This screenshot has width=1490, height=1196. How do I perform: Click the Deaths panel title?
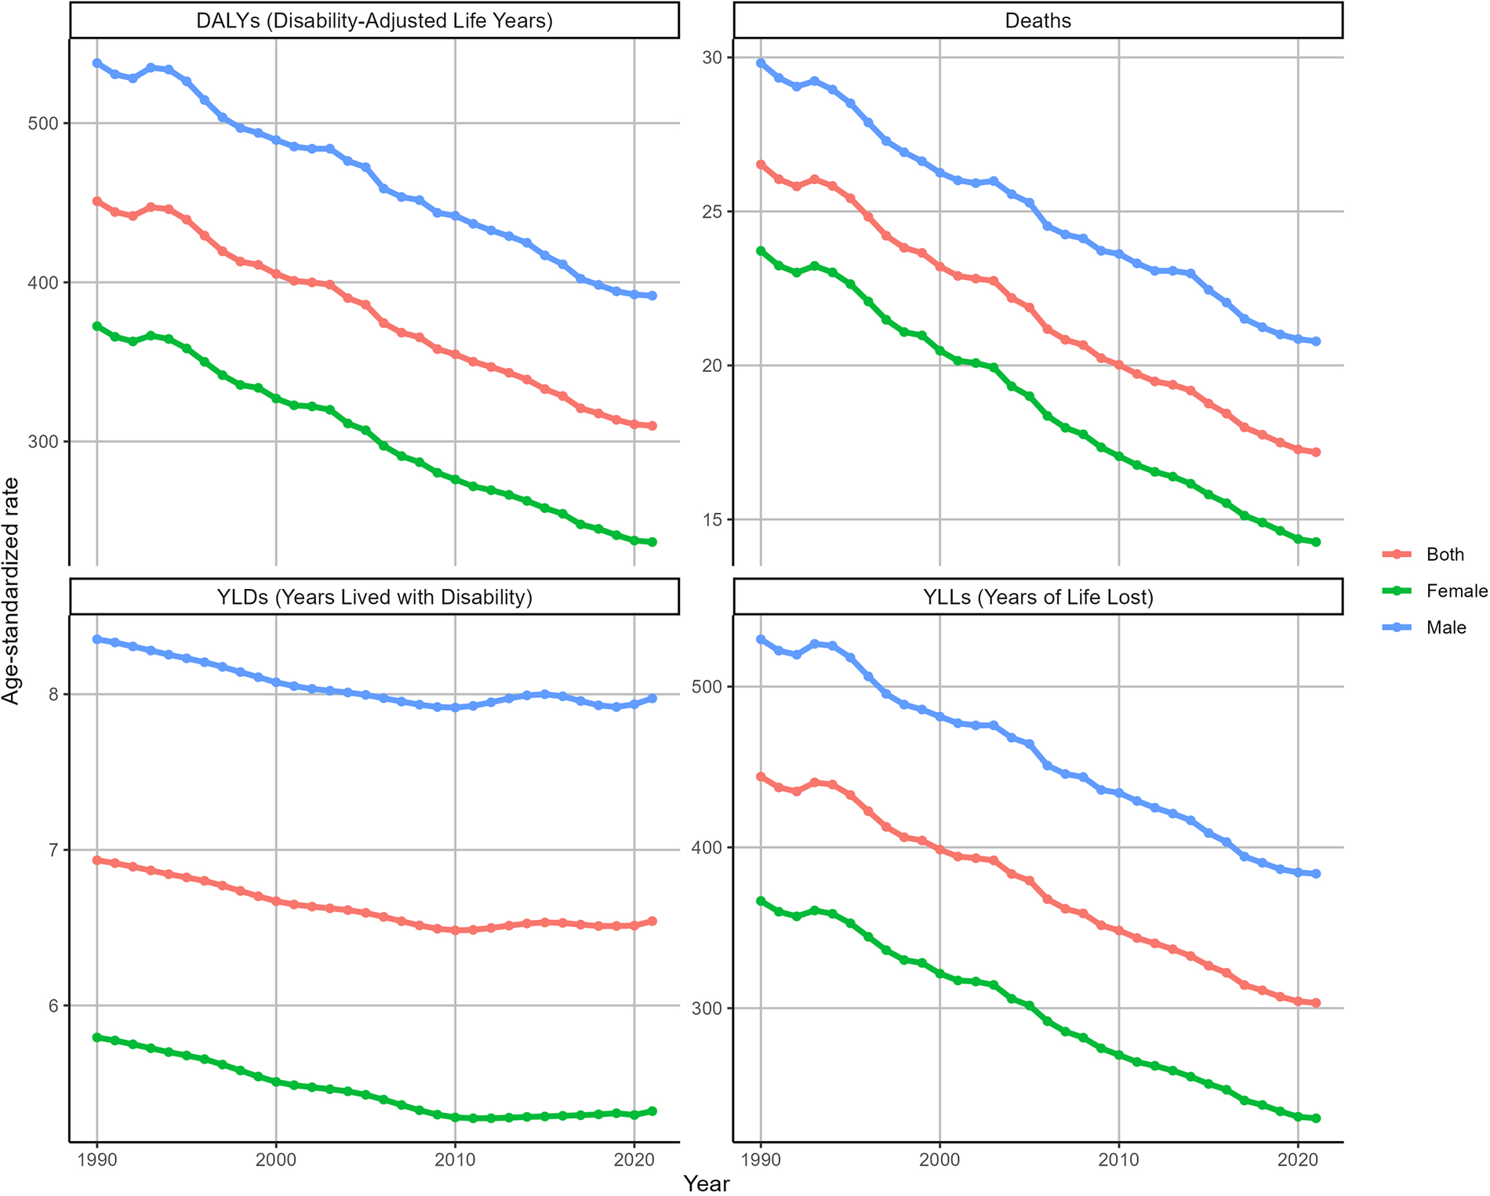(1038, 20)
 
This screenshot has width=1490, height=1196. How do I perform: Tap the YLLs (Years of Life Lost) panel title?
(1038, 598)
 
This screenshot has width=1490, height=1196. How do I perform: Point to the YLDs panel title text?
(374, 598)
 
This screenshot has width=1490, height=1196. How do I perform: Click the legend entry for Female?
(1456, 591)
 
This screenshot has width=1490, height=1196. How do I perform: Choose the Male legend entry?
(1446, 627)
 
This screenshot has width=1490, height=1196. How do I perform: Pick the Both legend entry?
(1445, 554)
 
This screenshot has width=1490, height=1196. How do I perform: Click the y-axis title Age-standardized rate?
(11, 591)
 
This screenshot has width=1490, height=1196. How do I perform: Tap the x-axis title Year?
(706, 1183)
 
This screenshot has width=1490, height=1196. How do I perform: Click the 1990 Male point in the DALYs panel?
(97, 63)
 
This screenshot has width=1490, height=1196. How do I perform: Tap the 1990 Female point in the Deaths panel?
(761, 251)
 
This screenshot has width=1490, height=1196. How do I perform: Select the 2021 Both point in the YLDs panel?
(652, 922)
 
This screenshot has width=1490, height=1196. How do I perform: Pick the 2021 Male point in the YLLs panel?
(1316, 874)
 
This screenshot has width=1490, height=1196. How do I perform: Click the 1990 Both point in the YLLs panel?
(761, 776)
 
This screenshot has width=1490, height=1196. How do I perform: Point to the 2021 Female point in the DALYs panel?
(652, 542)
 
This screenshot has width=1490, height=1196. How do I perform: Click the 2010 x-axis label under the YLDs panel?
(455, 1161)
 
